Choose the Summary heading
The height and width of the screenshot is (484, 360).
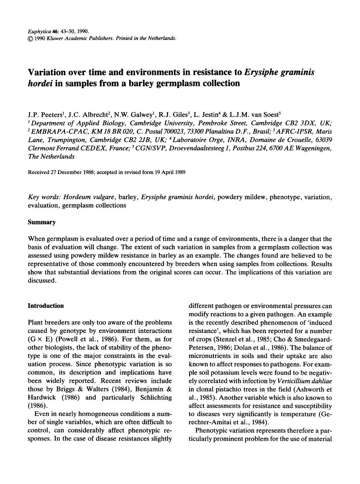[42, 222]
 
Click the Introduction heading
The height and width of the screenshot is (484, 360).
[46, 306]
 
